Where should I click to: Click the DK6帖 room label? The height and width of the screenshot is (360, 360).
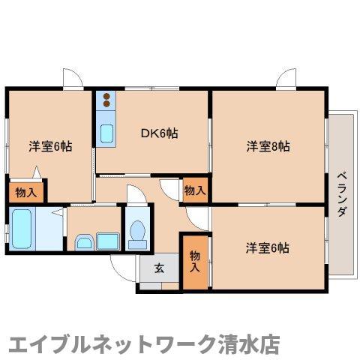coord(160,133)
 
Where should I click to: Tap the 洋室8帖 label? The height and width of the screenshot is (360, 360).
coord(268,146)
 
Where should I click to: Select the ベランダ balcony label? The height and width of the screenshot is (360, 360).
coord(341,194)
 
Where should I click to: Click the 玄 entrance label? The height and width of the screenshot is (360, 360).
coord(159,268)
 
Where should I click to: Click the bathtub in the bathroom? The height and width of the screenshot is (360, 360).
coord(22,229)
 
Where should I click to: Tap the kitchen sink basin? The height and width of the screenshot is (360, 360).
coord(106,133)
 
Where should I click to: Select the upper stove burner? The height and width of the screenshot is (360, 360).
coord(106,96)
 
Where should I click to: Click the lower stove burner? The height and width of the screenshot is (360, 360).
coord(106,103)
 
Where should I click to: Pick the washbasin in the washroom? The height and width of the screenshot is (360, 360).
coord(84,242)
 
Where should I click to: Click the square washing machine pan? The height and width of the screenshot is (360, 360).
coord(108,241)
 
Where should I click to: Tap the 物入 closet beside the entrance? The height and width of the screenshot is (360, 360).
coord(195,262)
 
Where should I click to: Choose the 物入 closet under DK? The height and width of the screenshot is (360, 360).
coord(195,190)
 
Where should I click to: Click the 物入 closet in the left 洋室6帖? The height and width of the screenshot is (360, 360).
coord(26,193)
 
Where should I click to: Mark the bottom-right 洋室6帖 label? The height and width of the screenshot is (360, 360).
coord(268,248)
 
